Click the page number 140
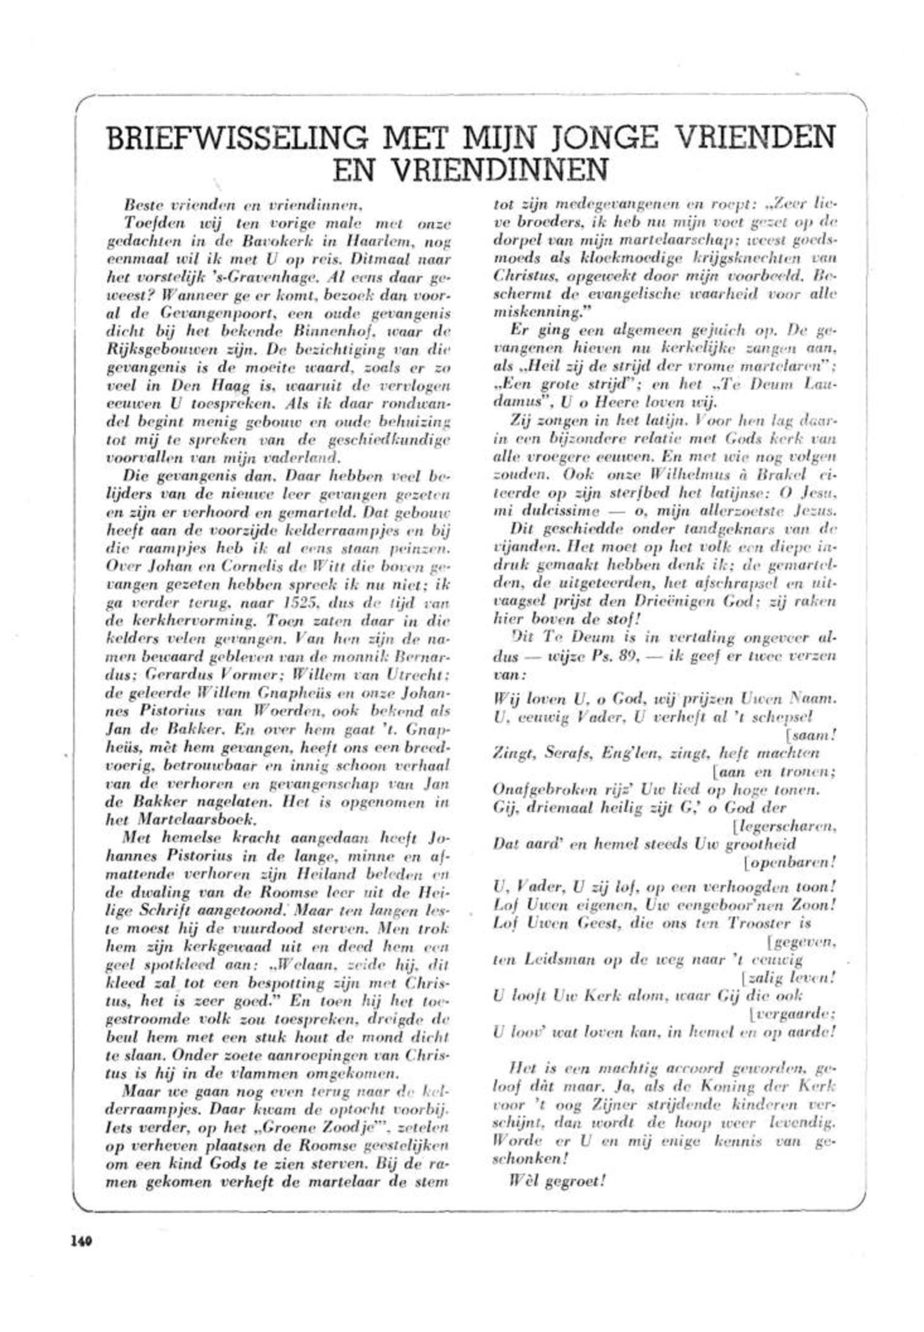tap(82, 1238)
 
